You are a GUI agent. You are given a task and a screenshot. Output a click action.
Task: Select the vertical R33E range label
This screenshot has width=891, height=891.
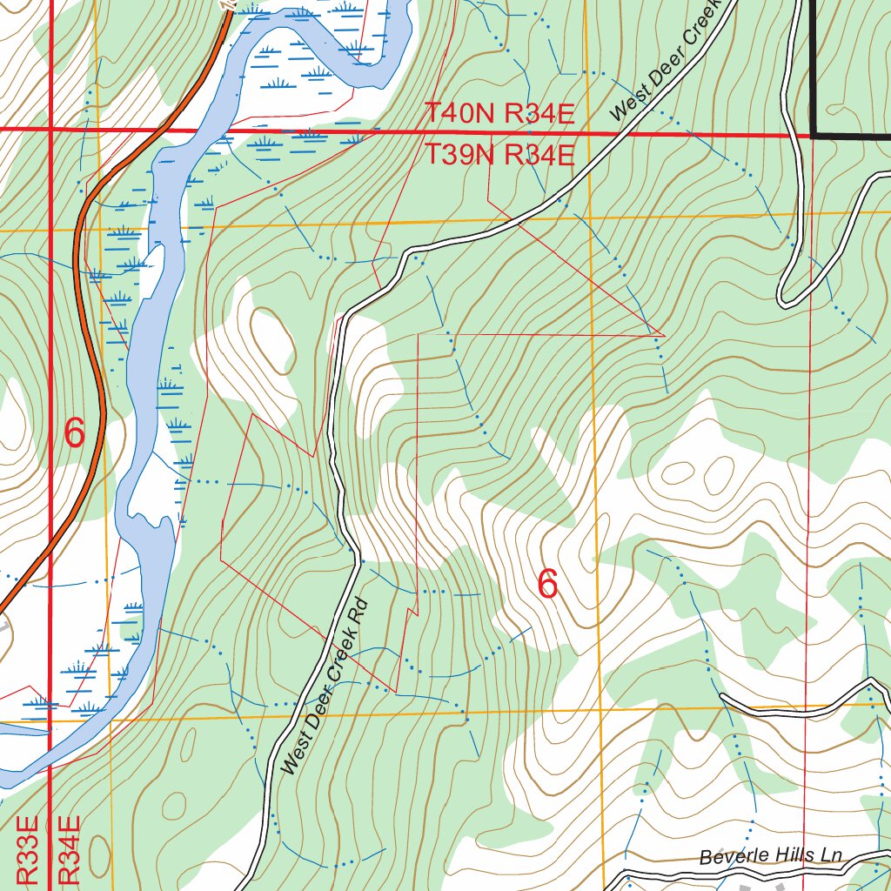coord(28,850)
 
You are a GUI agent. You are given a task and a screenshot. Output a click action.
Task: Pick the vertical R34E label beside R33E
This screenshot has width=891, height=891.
coord(70,850)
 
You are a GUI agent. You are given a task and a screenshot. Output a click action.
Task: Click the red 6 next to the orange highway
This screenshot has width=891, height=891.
coord(75,432)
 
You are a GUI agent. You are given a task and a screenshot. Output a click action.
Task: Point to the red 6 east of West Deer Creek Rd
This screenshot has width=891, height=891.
coord(547,584)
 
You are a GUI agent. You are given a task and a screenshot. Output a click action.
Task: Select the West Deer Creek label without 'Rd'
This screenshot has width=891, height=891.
coord(667,60)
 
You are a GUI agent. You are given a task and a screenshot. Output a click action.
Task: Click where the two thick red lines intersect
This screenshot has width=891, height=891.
coord(50,130)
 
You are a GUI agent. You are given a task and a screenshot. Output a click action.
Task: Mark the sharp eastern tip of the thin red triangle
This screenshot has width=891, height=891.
coord(664,334)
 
